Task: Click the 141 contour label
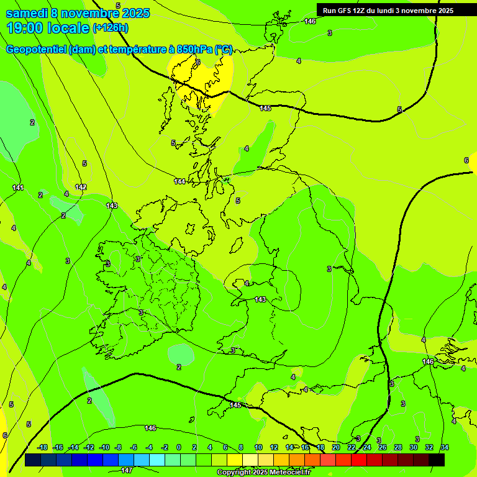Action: tap(18, 188)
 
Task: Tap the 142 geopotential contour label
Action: tap(81, 187)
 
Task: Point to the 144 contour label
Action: tap(179, 181)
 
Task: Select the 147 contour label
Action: tap(127, 470)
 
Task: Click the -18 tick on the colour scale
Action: tap(43, 447)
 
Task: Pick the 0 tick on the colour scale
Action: tap(179, 447)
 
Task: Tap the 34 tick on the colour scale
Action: tap(445, 447)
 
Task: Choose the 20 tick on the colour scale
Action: tap(335, 447)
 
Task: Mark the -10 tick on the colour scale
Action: tap(104, 447)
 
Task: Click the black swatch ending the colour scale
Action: tap(437, 460)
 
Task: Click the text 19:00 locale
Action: tap(48, 27)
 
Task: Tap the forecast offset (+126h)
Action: tap(111, 27)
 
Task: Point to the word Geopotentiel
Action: tap(35, 50)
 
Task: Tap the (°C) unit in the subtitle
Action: tap(224, 50)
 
